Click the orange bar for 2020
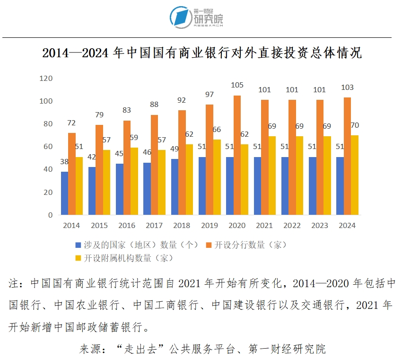[x=237, y=155]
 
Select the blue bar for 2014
[x=64, y=193]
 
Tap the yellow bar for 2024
[x=355, y=175]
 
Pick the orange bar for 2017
[x=154, y=165]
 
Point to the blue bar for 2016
[x=119, y=189]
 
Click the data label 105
[x=237, y=85]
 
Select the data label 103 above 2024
[x=347, y=88]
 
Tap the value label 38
[x=64, y=162]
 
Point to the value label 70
[x=355, y=125]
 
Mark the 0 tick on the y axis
[x=49, y=215]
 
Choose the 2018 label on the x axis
[x=182, y=226]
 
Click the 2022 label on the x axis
[x=292, y=226]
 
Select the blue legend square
[x=78, y=245]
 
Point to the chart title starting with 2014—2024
[x=202, y=53]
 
